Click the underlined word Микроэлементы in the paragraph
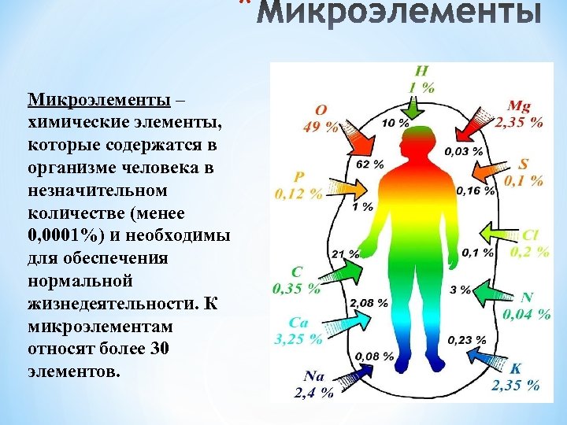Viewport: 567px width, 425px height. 98,101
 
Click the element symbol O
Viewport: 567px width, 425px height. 321,111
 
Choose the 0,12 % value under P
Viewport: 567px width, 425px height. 298,191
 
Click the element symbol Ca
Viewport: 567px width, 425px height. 298,322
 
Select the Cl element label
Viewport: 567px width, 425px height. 530,235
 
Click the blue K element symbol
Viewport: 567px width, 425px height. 516,368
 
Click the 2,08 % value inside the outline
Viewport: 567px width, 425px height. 368,302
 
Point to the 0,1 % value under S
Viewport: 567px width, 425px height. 524,180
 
